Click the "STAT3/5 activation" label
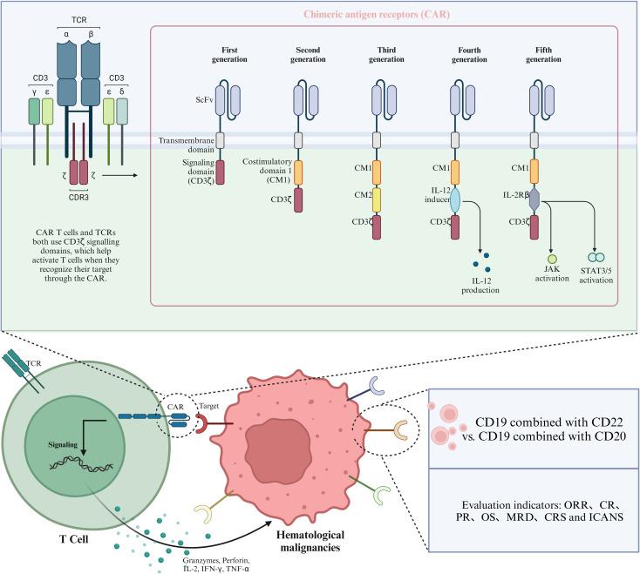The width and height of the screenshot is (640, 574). (x=596, y=277)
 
